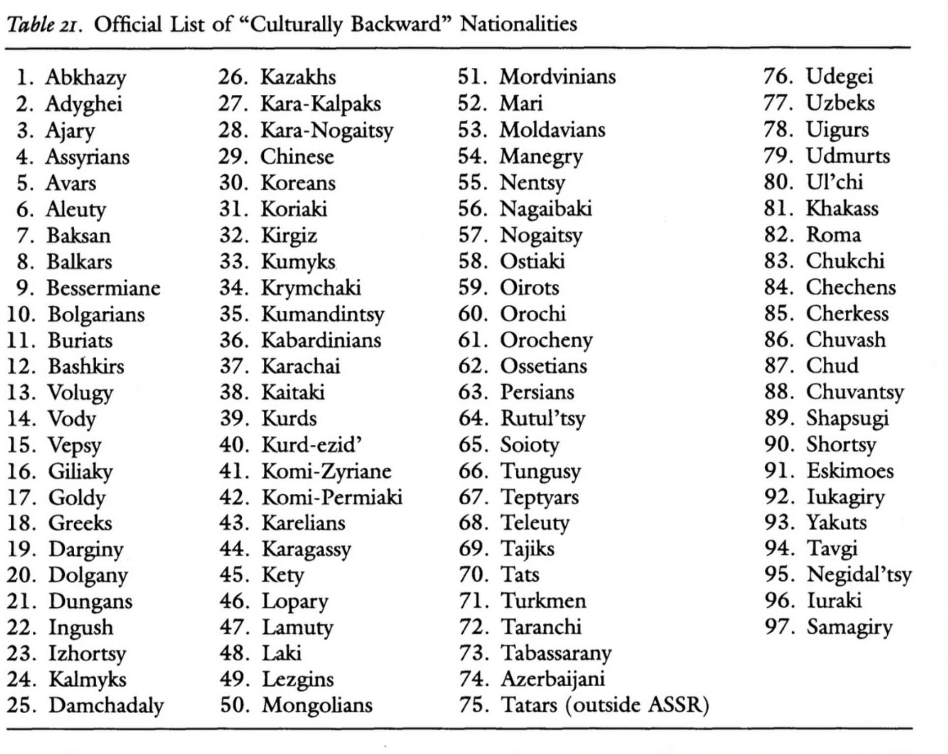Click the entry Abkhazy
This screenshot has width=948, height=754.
(x=85, y=78)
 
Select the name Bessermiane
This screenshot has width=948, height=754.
(x=103, y=288)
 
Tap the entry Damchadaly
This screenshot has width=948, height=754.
(x=106, y=705)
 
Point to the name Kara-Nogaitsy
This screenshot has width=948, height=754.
(x=327, y=131)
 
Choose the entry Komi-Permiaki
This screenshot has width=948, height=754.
(x=332, y=497)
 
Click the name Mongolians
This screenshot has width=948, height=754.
(x=317, y=705)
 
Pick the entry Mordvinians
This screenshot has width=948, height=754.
(x=558, y=77)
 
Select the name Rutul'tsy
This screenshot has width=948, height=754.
(x=543, y=419)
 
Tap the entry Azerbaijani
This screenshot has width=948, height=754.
(x=553, y=679)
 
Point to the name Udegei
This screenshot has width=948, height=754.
(x=839, y=77)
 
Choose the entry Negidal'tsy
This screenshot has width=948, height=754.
(x=859, y=575)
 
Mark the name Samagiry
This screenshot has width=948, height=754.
(x=849, y=627)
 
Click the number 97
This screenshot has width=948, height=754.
(x=779, y=627)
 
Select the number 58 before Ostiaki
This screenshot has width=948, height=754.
(x=473, y=261)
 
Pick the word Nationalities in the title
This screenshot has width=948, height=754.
(x=519, y=24)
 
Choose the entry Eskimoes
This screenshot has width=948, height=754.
(x=850, y=471)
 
